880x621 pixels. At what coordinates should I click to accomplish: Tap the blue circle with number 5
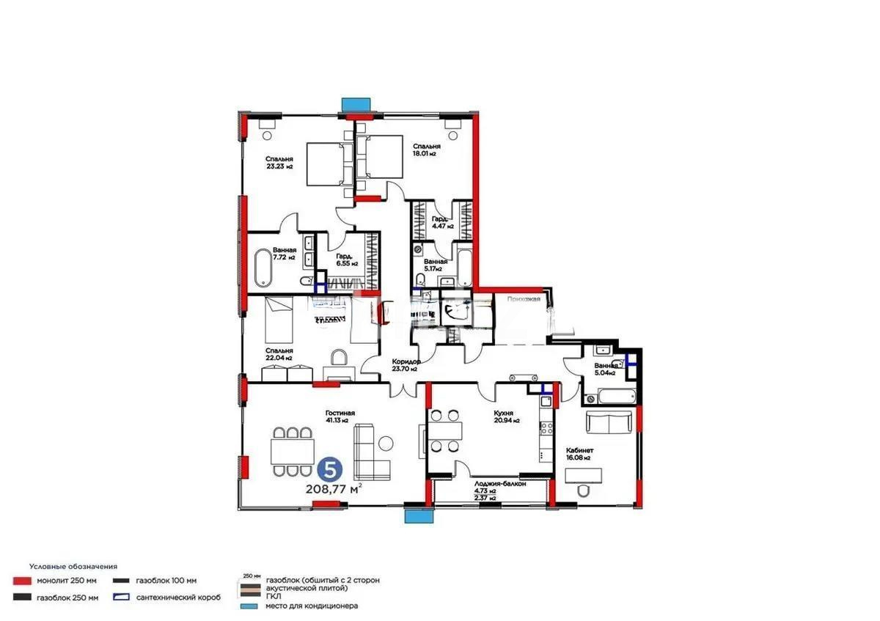tap(329, 468)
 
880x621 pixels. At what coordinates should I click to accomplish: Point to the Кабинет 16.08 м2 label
tap(578, 454)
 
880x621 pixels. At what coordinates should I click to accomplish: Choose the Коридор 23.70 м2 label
tap(405, 365)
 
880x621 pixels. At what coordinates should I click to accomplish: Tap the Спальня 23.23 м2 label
tap(279, 163)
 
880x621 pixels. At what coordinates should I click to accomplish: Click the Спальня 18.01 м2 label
tap(425, 150)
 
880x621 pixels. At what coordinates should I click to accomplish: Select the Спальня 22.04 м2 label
tap(279, 354)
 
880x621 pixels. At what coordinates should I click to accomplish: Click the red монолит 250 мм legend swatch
tap(22, 581)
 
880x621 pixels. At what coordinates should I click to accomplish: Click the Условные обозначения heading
tap(73, 567)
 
